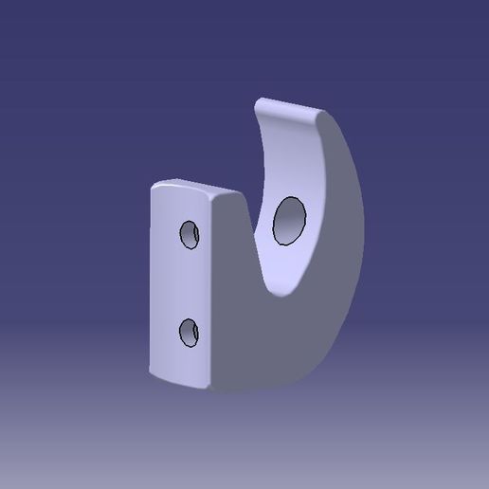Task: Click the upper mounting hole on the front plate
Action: [x=190, y=234]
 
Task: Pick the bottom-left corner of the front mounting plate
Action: [x=151, y=370]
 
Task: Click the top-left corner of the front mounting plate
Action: [x=153, y=188]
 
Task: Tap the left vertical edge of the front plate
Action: [x=150, y=284]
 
